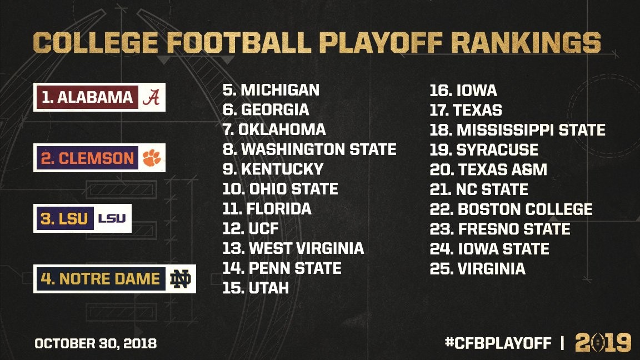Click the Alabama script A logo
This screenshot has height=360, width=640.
[151, 97]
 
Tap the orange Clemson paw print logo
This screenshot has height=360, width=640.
[151, 158]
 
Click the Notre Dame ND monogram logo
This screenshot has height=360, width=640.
[181, 279]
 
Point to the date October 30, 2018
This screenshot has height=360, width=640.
[96, 343]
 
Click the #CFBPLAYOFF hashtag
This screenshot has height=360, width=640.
[498, 343]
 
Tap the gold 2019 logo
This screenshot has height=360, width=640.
[603, 342]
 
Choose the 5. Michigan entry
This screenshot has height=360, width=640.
[271, 90]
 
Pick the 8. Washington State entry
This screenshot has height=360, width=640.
[309, 149]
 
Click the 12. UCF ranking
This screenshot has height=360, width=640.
[251, 228]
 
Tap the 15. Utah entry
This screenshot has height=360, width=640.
[256, 288]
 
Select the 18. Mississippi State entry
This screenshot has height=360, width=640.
[517, 130]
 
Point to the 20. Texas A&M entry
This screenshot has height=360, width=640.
[488, 169]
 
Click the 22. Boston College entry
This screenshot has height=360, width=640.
[511, 209]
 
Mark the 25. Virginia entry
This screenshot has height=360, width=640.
[477, 269]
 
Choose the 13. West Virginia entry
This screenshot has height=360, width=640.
[293, 248]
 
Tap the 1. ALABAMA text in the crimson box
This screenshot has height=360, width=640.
[87, 97]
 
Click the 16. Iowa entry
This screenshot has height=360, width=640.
[463, 90]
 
